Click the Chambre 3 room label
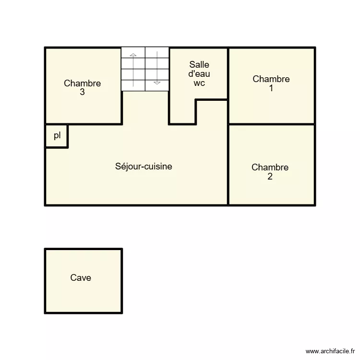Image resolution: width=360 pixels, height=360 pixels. click(83, 87)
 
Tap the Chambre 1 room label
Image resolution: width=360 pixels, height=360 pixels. click(271, 84)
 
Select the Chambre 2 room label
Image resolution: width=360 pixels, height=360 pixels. click(270, 172)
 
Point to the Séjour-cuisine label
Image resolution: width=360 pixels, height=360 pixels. click(144, 167)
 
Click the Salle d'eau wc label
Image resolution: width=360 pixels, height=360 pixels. click(199, 73)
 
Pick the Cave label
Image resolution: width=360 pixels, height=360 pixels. click(81, 277)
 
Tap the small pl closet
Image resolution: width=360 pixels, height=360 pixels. click(57, 136)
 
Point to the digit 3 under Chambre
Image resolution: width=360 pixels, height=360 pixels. click(83, 92)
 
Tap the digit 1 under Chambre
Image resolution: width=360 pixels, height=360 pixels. click(271, 88)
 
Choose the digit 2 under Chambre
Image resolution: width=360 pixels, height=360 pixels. click(270, 177)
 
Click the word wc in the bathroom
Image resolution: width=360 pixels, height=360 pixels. click(199, 83)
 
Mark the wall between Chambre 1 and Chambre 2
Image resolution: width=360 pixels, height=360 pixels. click(271, 124)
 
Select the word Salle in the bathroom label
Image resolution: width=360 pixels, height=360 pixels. click(199, 65)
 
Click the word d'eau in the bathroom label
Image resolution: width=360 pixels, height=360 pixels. click(199, 74)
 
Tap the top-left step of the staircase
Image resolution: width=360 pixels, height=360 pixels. click(133, 52)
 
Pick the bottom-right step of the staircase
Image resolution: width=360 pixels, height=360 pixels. click(157, 85)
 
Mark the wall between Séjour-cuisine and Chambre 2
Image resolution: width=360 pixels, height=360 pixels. click(228, 166)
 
